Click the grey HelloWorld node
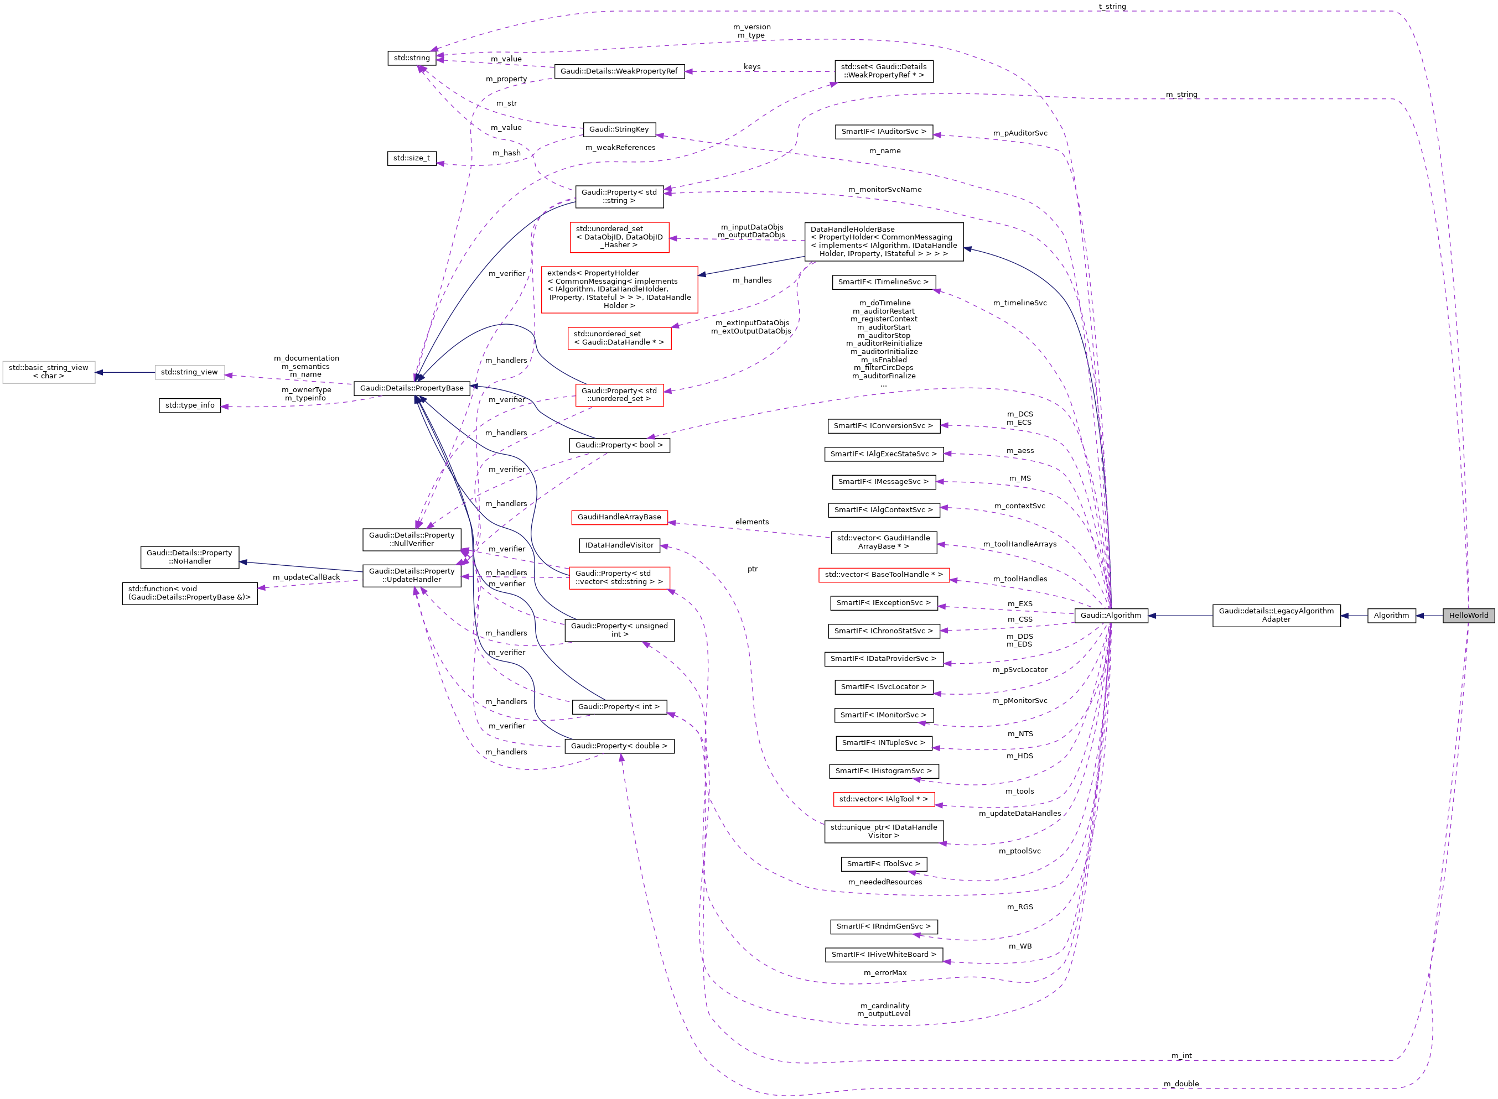pos(1468,616)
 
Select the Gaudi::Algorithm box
pos(1110,616)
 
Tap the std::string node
pos(411,58)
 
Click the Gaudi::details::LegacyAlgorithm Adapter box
pos(1276,616)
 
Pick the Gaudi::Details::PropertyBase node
pos(411,388)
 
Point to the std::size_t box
pos(411,158)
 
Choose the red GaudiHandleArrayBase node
pos(619,517)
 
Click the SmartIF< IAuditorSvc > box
pos(883,132)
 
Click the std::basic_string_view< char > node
pos(49,372)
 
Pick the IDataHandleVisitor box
pos(619,545)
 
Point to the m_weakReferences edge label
pos(620,148)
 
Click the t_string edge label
pos(1112,7)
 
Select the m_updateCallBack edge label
pos(306,577)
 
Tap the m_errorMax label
pos(884,972)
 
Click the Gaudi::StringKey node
pos(619,129)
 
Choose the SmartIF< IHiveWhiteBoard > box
pos(883,955)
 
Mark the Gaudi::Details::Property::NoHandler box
pos(190,557)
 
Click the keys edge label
pos(751,66)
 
